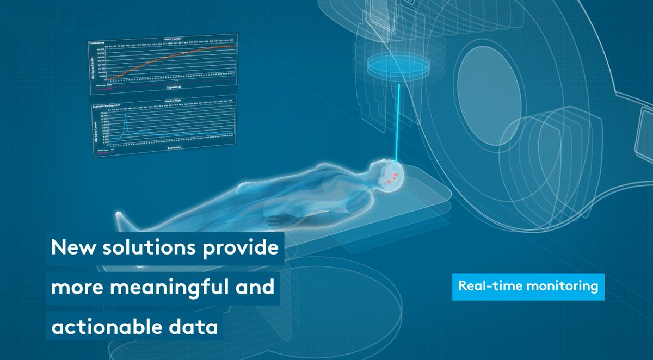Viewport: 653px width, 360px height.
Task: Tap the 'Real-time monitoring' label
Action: pos(528,286)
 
